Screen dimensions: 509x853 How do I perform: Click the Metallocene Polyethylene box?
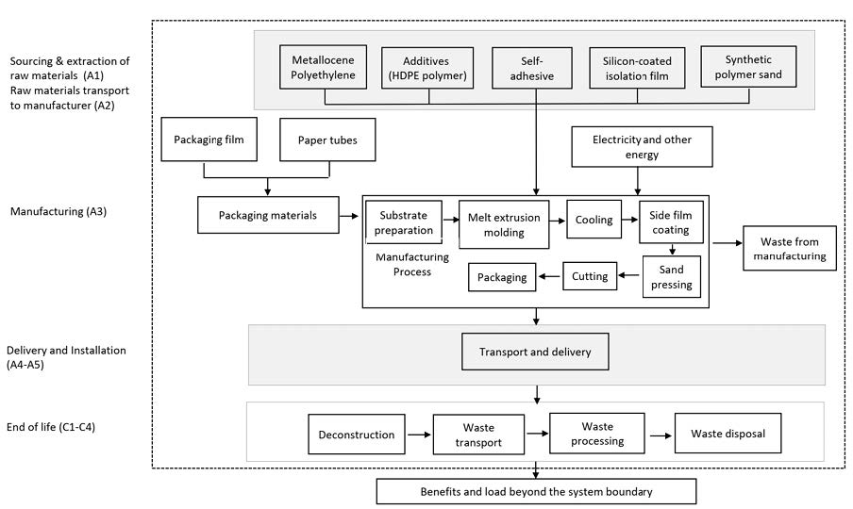coord(324,66)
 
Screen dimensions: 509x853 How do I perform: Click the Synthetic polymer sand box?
coord(748,66)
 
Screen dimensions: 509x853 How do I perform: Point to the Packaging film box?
coord(209,140)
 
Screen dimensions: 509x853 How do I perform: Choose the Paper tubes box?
coord(327,140)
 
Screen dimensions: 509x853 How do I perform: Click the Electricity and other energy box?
coord(642,147)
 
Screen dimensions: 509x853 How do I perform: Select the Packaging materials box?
coord(268,215)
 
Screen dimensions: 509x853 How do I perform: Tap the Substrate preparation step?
coord(404,222)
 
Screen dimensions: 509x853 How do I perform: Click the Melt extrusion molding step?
coord(504,224)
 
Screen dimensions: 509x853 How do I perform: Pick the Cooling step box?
coord(594,220)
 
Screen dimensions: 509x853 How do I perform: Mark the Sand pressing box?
coord(672,277)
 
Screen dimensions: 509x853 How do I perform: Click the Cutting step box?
coord(591,277)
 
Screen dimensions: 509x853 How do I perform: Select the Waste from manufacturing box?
coord(790,249)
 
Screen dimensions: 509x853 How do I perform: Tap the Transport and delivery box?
coord(535,353)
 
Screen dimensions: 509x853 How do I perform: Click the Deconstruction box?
coord(357,435)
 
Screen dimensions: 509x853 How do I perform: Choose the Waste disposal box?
coord(728,435)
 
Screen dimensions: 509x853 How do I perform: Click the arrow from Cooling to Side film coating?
coord(630,221)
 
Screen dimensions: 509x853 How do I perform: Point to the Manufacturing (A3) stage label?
coord(59,212)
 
